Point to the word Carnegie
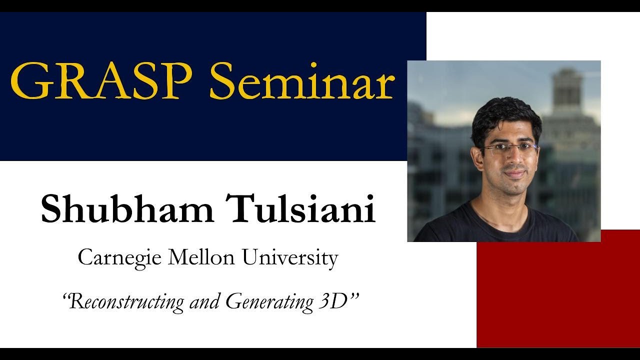119,258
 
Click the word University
290,258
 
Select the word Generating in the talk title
267,301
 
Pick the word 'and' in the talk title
207,301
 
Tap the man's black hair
505,115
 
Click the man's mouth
513,174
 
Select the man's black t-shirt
500,227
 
